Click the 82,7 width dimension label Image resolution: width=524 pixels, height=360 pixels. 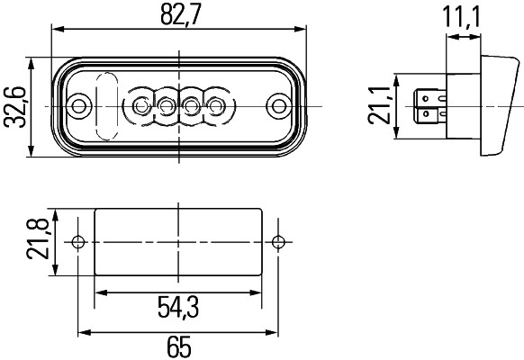pos(179,15)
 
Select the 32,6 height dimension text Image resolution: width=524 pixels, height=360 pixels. pos(14,108)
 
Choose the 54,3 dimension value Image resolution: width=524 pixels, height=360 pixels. pos(177,309)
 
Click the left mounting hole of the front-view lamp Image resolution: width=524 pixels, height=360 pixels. pos(80,107)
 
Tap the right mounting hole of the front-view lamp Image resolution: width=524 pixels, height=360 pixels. pos(279,107)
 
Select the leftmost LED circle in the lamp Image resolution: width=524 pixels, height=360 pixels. pos(141,107)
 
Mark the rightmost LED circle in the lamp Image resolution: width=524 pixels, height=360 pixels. pos(216,107)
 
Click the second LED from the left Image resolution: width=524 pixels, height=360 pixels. pos(167,107)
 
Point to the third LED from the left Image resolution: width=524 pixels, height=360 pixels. pos(192,107)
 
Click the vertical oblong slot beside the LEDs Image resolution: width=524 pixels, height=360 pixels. pos(106,105)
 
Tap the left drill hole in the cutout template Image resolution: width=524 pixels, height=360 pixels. pos(79,241)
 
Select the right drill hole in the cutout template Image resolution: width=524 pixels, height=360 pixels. pos(279,241)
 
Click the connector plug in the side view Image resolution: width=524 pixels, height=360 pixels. pos(429,107)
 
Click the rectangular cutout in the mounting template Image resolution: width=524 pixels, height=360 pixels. pos(179,241)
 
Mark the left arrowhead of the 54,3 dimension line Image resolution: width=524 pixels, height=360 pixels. pos(99,292)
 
